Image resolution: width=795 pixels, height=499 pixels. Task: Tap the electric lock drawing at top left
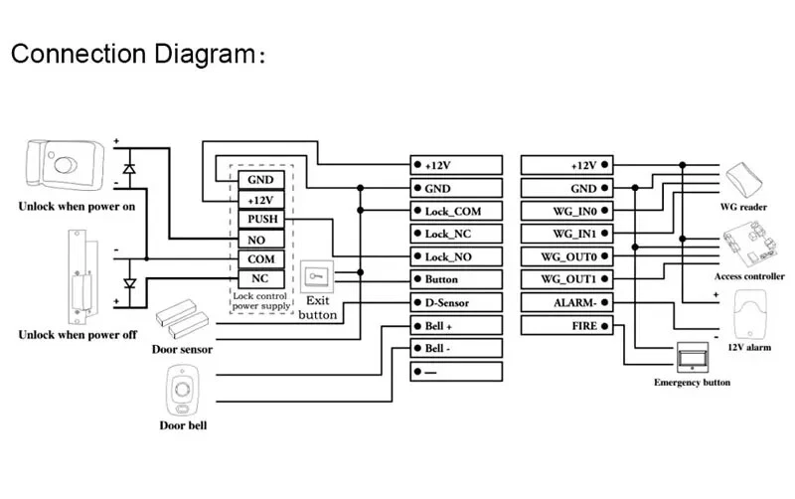(x=62, y=167)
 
